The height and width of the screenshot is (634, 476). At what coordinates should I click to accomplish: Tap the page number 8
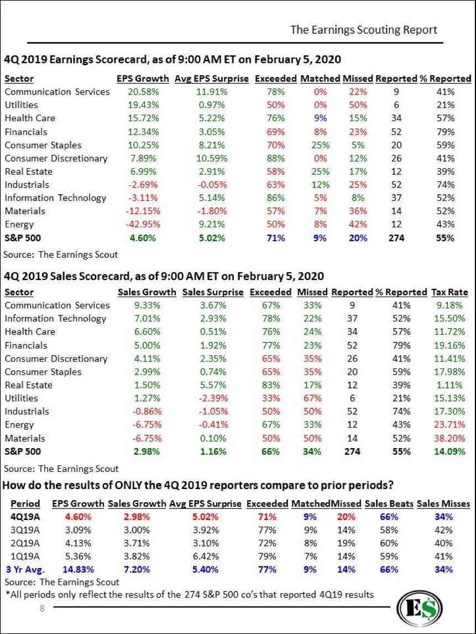click(x=41, y=609)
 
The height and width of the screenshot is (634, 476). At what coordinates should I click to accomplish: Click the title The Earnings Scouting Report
click(x=363, y=30)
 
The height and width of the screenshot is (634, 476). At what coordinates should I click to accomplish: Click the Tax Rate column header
click(x=449, y=292)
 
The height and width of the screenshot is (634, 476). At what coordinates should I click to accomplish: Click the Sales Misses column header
click(x=443, y=503)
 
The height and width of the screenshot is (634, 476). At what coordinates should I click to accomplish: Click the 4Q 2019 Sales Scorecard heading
click(x=164, y=276)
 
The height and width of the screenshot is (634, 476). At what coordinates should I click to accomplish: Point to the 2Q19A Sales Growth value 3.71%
click(x=137, y=543)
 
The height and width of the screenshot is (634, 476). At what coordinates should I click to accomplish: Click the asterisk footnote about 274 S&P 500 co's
click(x=189, y=595)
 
